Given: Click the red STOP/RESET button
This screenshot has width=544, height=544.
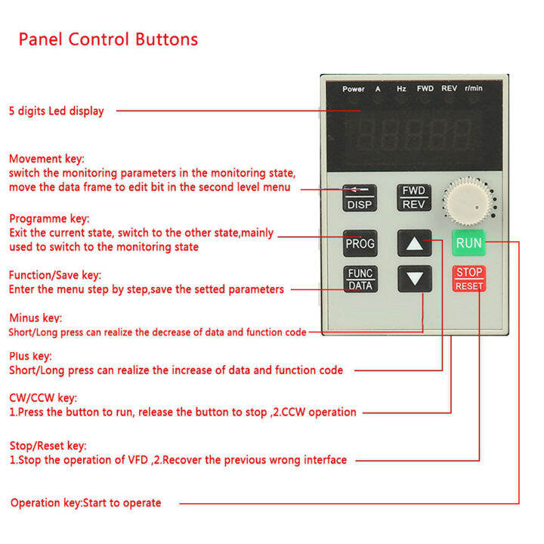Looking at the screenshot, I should pos(468,279).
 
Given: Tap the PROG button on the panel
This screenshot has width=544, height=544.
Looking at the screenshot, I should pos(360,244).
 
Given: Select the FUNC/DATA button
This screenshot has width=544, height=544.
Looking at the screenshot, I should pos(360,280).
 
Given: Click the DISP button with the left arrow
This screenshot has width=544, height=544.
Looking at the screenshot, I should pos(360,198).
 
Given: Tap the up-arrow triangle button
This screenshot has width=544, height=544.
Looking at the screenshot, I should pos(414,243).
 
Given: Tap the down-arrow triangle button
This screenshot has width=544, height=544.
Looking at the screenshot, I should pos(414,279).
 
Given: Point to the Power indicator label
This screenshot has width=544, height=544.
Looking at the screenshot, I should pos(353,88).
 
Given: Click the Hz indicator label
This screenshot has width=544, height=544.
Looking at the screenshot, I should pos(401,88).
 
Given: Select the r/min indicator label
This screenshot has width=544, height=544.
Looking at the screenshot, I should pos(474,88).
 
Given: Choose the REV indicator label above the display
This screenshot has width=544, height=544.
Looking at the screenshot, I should pos(449,88).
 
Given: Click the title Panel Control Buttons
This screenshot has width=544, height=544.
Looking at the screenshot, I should pos(108,39).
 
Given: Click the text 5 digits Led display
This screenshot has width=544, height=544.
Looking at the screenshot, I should pos(57,111).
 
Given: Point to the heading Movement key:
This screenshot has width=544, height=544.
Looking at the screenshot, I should pos(47,159).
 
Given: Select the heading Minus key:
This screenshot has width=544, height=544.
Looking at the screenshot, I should pos(36,318).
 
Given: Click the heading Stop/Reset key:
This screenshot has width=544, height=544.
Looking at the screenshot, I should pos(48,446).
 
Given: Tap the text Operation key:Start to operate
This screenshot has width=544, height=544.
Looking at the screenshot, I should pos(85,502).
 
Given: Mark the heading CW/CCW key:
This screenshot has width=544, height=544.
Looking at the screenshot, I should pos(42,397).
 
